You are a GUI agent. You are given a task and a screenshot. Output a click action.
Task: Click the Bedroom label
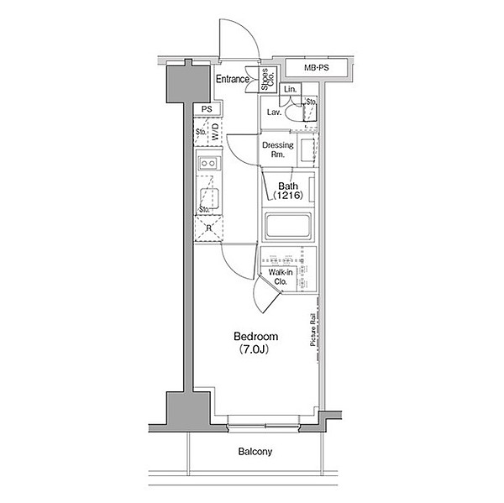point(256,337)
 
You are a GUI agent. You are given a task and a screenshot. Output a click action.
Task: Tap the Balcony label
point(255,452)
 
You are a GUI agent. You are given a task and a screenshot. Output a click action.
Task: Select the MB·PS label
point(317,68)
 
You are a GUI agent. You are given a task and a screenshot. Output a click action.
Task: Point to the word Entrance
point(233,79)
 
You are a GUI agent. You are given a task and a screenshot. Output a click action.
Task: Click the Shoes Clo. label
point(267,79)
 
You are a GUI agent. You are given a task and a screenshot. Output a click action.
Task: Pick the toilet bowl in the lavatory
point(293,113)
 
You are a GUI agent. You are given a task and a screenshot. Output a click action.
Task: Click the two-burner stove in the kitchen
point(208,163)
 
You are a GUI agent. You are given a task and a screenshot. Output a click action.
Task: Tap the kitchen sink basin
point(209,198)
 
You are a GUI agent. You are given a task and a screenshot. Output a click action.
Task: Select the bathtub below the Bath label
point(287,225)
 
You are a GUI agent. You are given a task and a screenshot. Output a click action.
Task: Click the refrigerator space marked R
point(208,228)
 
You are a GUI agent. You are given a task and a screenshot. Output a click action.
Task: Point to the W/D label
point(215,132)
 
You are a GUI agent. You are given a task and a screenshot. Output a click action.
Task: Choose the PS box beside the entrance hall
point(207,109)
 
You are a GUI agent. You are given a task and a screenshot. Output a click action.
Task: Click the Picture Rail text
point(312,329)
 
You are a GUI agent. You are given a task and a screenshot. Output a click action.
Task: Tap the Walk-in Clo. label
point(281,277)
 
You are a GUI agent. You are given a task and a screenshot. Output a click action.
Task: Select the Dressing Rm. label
point(278,149)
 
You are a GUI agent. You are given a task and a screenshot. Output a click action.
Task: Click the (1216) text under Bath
point(288,195)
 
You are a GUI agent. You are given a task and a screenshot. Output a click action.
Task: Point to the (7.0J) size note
point(254,349)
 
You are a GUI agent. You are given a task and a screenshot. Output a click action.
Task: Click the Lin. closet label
point(291,89)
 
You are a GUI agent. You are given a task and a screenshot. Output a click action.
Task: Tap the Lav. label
point(275,113)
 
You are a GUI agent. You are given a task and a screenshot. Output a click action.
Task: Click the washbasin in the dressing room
point(307,150)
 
